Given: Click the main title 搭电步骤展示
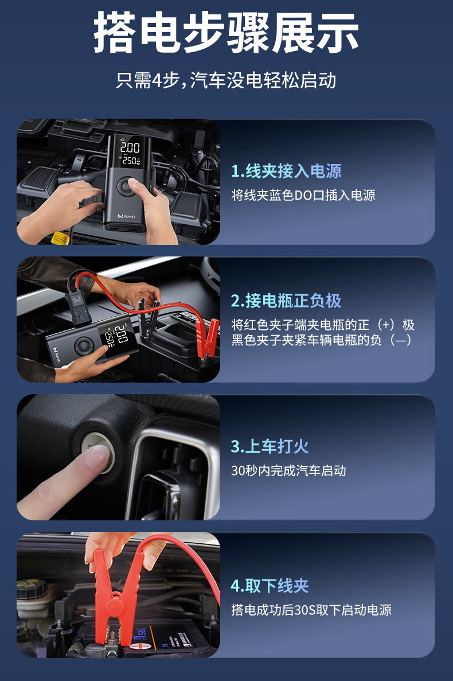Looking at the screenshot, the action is click(x=226, y=33).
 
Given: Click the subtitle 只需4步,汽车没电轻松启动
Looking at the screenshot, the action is click(x=226, y=80).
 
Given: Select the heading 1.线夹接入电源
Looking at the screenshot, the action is click(x=286, y=171).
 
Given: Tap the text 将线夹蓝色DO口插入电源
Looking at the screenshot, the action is click(x=303, y=196).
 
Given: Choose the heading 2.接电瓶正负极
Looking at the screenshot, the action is click(x=286, y=301).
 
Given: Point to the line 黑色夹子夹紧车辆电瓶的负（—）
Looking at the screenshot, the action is click(x=322, y=340).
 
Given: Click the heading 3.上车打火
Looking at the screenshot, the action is click(x=270, y=446).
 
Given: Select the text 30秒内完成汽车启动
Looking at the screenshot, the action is click(x=288, y=471).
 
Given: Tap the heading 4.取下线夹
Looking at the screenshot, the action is click(x=270, y=586).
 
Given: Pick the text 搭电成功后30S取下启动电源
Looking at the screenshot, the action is click(x=311, y=610).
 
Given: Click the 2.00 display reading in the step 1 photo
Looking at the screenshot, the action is click(x=130, y=147).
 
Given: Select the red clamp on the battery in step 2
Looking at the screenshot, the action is click(x=207, y=337).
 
